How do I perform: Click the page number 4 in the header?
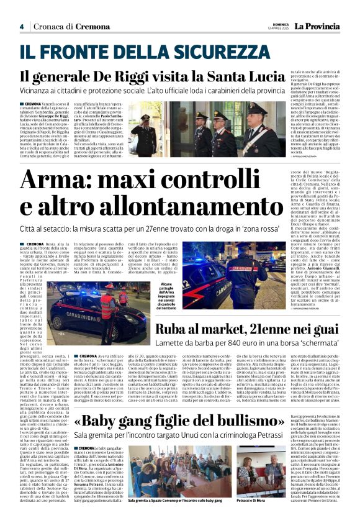(x=21, y=27)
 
